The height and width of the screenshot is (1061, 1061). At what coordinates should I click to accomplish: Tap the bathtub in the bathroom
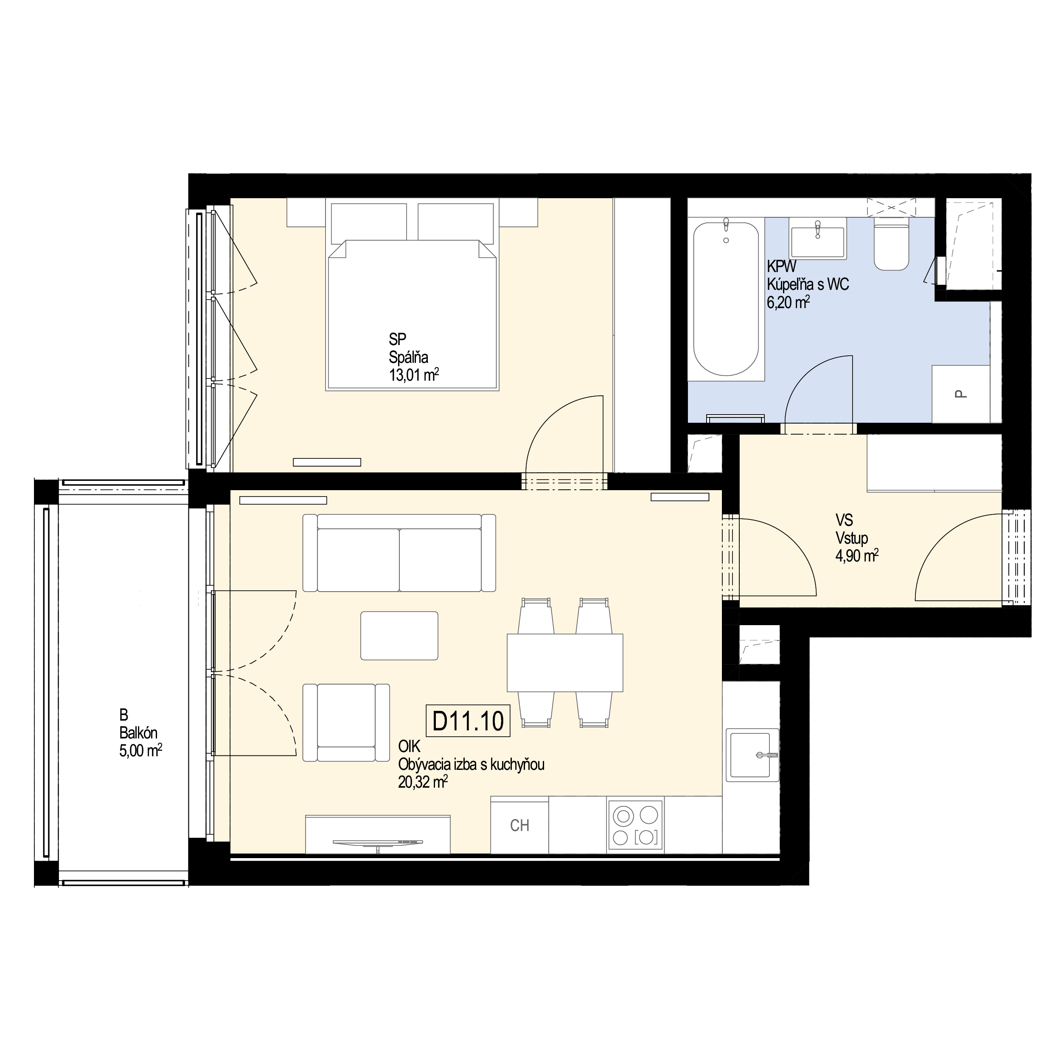(726, 299)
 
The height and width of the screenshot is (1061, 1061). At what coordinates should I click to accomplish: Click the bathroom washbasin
(817, 238)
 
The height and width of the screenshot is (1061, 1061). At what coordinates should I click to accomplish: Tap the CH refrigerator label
(519, 825)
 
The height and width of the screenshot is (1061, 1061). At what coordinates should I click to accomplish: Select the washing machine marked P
(961, 394)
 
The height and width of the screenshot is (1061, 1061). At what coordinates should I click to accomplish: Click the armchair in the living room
(346, 723)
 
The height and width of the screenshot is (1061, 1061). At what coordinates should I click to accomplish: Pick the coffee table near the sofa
(399, 635)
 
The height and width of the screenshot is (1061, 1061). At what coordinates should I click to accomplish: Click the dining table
(564, 663)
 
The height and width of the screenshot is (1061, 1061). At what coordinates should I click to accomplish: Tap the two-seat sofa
(399, 553)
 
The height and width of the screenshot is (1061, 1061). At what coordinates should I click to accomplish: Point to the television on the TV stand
(379, 842)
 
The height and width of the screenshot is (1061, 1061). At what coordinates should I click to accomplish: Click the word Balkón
(138, 733)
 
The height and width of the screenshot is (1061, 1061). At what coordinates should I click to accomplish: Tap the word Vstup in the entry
(852, 538)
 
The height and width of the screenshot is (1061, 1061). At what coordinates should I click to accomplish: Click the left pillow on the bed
(368, 222)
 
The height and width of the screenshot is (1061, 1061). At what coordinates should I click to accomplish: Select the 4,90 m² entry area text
(857, 556)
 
